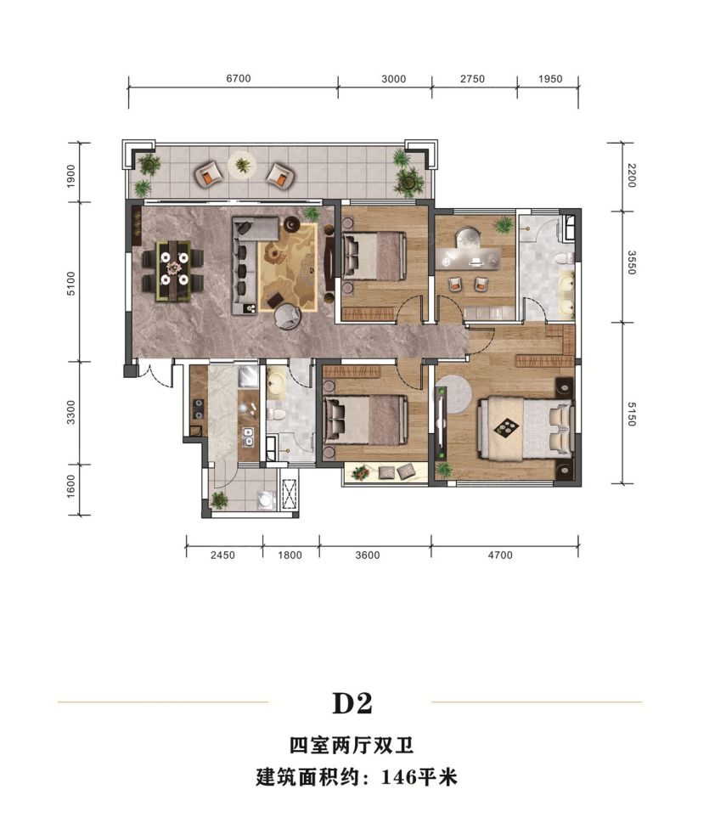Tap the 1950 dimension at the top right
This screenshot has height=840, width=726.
[551, 79]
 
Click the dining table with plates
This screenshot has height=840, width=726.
[174, 271]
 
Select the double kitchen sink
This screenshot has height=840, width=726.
[249, 437]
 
